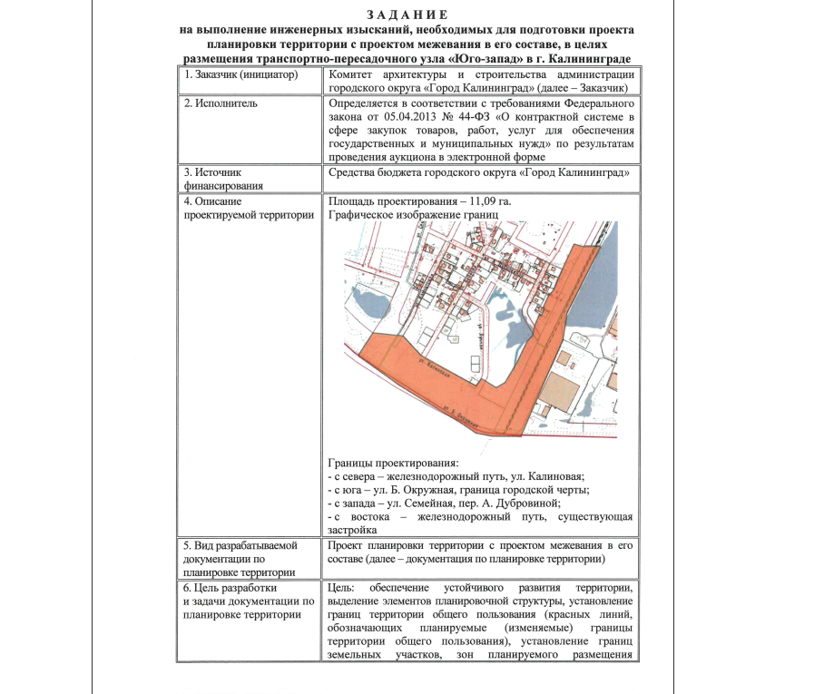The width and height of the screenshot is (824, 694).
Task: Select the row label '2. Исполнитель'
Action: [x=221, y=103]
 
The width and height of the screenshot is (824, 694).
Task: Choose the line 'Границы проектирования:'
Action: [x=393, y=463]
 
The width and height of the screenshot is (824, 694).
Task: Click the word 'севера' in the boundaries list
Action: [x=359, y=476]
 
